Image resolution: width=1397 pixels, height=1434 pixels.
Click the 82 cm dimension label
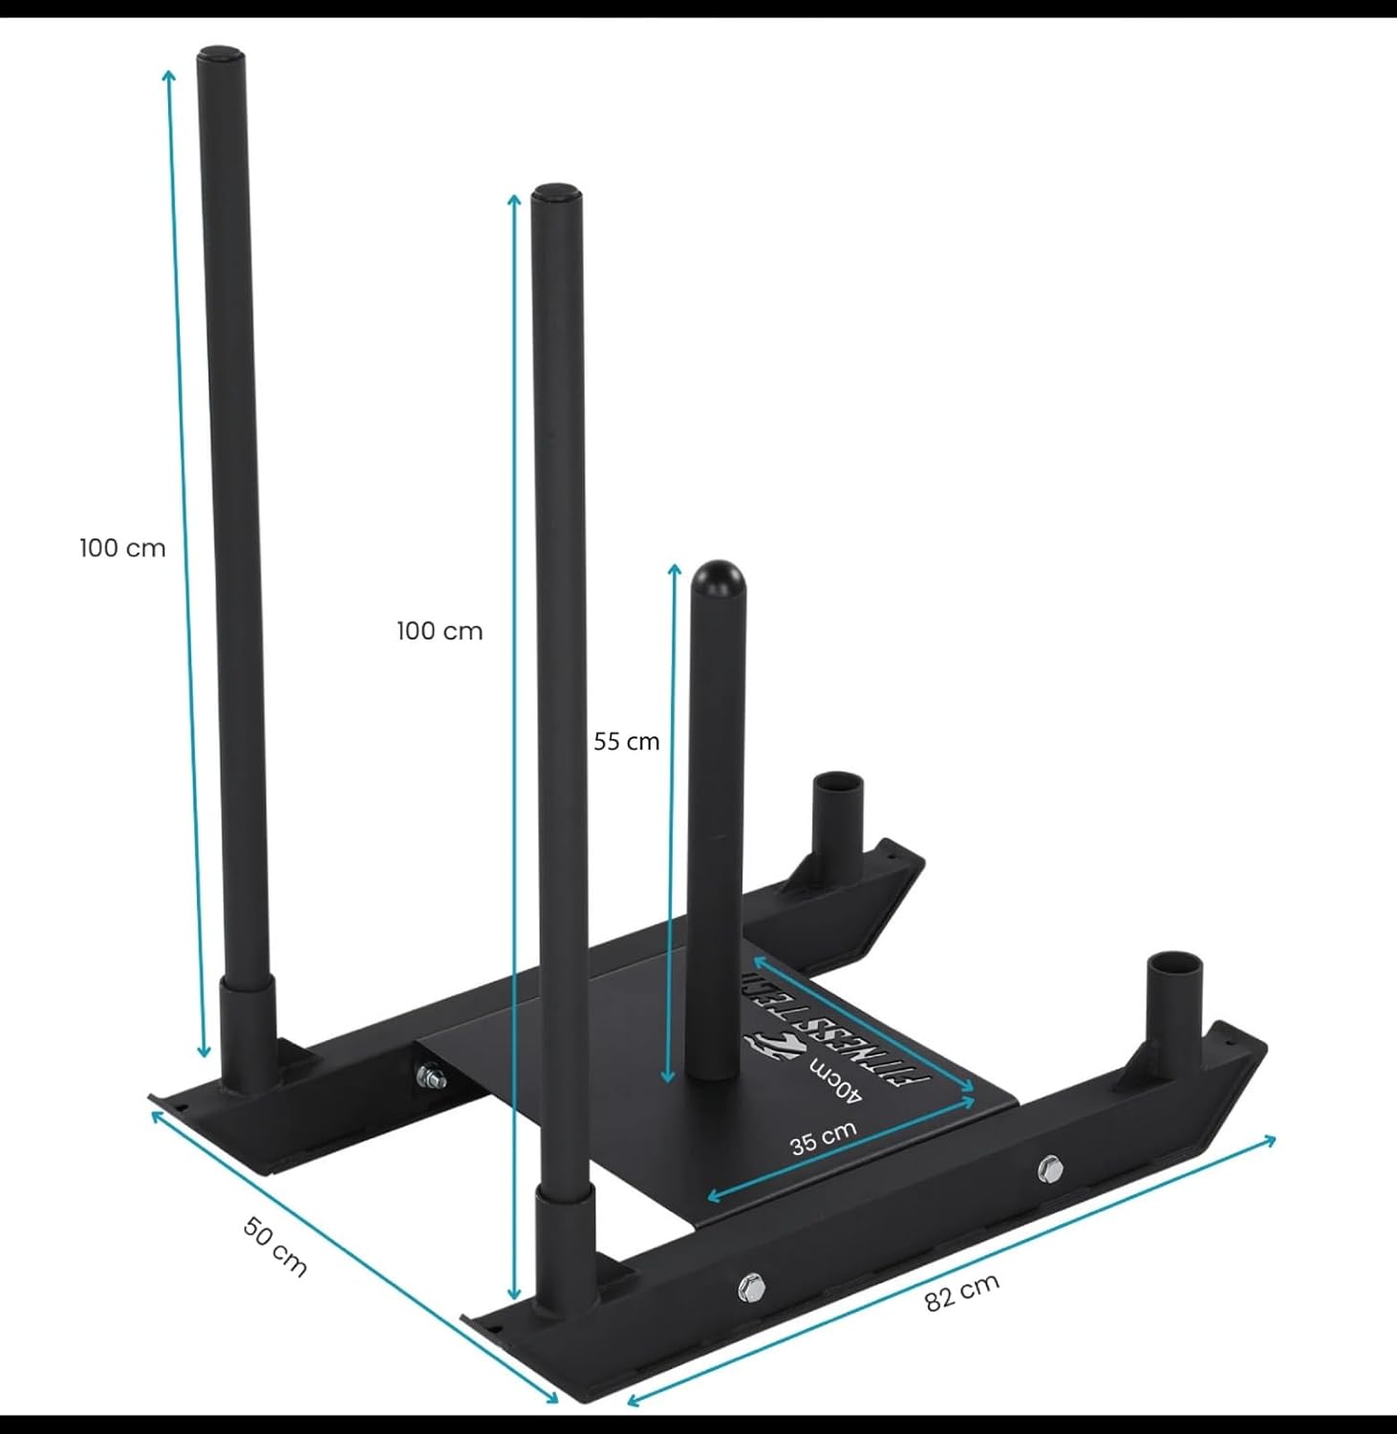tap(962, 1293)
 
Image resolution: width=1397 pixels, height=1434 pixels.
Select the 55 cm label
tap(627, 741)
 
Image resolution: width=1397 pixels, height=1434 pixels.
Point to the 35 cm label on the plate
tap(824, 1138)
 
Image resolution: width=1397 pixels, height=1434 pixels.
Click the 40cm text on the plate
tap(837, 1082)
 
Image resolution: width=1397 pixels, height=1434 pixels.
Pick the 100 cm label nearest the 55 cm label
tap(440, 631)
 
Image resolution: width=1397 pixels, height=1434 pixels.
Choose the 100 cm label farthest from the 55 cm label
tap(122, 548)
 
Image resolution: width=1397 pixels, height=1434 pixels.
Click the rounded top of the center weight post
tap(719, 578)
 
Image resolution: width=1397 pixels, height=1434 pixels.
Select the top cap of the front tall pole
tap(557, 193)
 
